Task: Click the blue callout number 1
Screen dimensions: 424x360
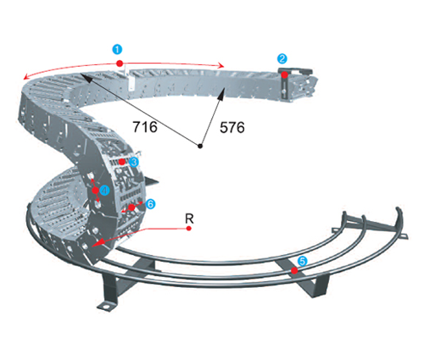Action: (117, 49)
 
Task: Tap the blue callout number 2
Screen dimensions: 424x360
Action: (282, 58)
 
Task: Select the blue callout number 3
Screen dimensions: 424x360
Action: (133, 162)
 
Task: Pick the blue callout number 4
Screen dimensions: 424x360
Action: (104, 190)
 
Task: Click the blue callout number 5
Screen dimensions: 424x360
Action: (302, 261)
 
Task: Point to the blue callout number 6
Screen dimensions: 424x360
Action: (150, 203)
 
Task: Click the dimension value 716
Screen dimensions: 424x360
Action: (145, 127)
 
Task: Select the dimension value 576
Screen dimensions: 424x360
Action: (232, 127)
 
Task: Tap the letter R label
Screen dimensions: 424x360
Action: (189, 219)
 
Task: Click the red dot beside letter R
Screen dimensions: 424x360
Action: (189, 228)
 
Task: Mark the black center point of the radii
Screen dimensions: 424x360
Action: (200, 146)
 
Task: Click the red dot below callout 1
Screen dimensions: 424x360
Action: (120, 63)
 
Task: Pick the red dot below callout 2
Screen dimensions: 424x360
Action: (284, 75)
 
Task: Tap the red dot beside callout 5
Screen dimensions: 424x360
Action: (294, 270)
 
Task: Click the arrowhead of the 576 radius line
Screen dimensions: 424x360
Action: (221, 93)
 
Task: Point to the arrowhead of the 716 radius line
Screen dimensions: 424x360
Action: (85, 77)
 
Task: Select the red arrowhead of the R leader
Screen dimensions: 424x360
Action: (97, 243)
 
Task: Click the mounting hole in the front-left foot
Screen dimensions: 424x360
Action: (105, 306)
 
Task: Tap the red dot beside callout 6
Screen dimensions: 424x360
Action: (131, 208)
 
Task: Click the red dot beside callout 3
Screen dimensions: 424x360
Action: (122, 162)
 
